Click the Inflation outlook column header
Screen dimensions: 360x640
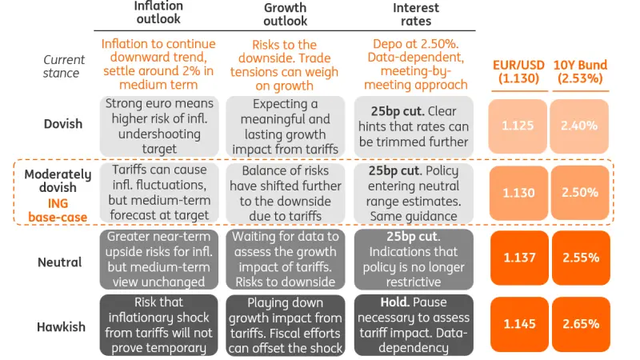click(158, 13)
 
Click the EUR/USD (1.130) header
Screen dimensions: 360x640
click(518, 70)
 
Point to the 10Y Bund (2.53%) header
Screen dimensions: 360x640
click(580, 70)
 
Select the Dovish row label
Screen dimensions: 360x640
click(61, 124)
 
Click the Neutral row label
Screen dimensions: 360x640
click(61, 260)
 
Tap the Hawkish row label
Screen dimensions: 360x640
click(61, 326)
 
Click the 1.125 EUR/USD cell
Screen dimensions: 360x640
click(518, 126)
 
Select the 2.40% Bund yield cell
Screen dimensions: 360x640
click(580, 126)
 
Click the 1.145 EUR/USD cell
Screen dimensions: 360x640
click(518, 324)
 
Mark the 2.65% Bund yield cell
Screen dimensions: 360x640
click(580, 324)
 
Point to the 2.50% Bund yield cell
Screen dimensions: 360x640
click(580, 193)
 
